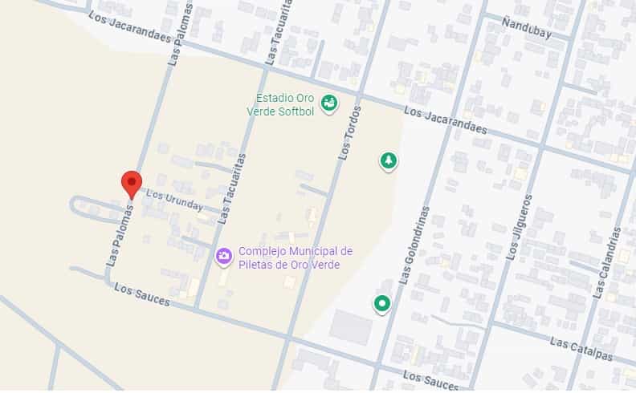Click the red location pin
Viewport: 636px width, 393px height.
pos(132,184)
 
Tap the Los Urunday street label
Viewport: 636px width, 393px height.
pos(174,201)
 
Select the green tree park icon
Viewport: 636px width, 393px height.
pos(388,161)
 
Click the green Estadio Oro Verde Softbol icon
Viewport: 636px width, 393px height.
pos(328,103)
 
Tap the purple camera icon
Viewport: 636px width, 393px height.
pos(224,257)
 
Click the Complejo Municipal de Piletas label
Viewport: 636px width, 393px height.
pos(295,257)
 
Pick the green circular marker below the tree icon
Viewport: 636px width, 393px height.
pos(381,304)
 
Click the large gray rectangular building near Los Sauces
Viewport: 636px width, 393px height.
pos(351,326)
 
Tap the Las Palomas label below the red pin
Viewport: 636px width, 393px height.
pos(117,233)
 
